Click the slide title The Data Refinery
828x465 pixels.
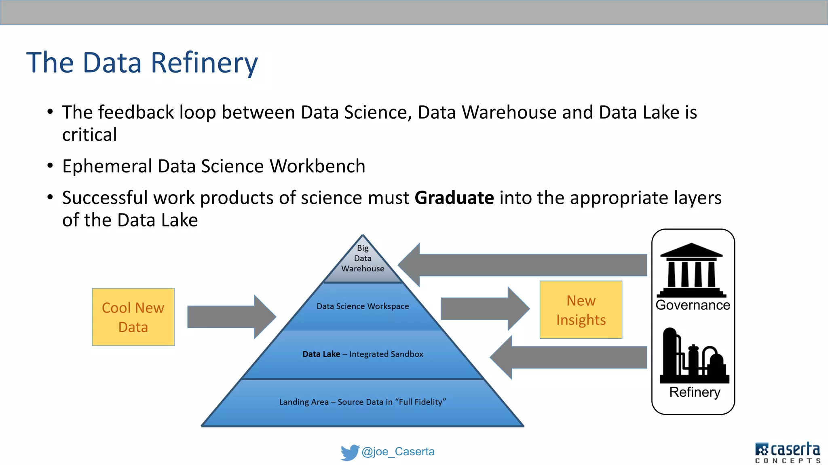click(x=142, y=63)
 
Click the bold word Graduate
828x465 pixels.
click(x=454, y=198)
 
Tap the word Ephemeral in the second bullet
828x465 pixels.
click(x=107, y=166)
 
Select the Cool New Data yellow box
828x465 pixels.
click(x=133, y=317)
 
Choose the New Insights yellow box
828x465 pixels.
click(x=581, y=310)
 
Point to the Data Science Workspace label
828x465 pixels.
click(x=363, y=306)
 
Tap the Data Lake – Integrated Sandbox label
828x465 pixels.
click(x=363, y=354)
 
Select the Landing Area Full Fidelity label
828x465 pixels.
click(x=363, y=402)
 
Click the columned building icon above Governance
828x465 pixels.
click(x=692, y=270)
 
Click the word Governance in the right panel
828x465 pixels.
click(x=693, y=305)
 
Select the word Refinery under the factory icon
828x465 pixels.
click(x=695, y=392)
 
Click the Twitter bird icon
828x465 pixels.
click(x=349, y=452)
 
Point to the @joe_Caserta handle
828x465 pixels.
click(x=398, y=452)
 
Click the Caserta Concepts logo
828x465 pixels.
click(x=787, y=452)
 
